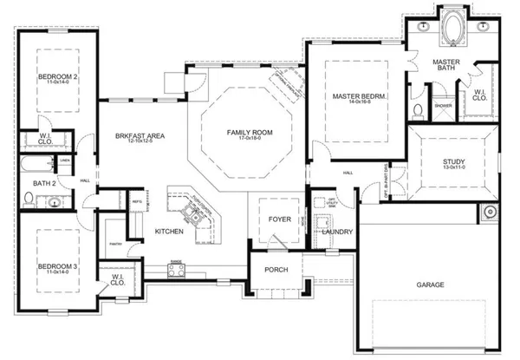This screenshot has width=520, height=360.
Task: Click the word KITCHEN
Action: pos(168,232)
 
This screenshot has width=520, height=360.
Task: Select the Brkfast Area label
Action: pos(140,136)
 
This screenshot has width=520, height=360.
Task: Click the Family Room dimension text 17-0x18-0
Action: pos(244,141)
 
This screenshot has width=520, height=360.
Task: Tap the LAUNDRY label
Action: pos(335,232)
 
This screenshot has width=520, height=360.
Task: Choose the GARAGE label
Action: pos(430,285)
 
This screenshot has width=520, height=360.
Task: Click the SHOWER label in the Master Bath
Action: pos(442,106)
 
